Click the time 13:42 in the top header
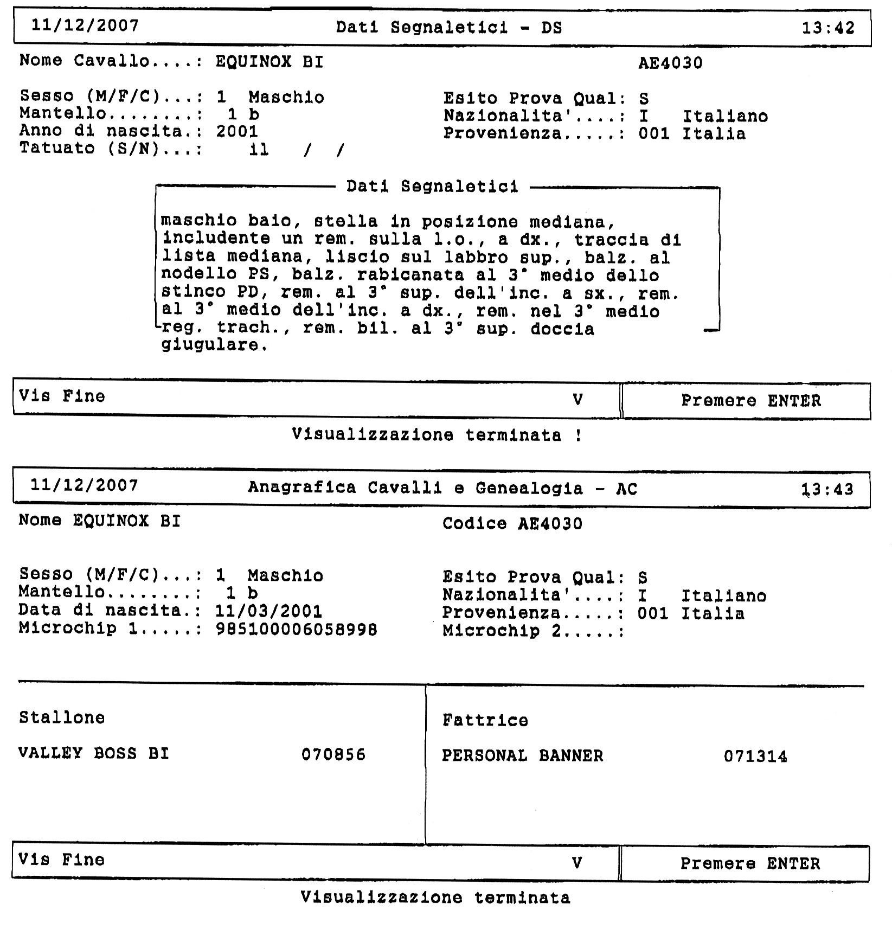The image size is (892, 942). (827, 28)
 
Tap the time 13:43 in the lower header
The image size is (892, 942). (827, 490)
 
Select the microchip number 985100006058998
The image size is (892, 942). (296, 630)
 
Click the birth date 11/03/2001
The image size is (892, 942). (268, 612)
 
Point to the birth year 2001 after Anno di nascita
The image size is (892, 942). (237, 131)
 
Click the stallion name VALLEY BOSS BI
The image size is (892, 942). (94, 753)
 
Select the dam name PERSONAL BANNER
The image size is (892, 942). (522, 756)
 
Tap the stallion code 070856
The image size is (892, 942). (333, 754)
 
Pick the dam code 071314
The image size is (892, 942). (755, 757)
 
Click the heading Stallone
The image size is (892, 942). (62, 717)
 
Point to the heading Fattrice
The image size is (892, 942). (485, 720)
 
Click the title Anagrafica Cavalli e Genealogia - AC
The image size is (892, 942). (442, 489)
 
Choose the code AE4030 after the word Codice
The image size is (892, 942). (550, 524)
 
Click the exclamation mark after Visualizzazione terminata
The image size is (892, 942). (579, 435)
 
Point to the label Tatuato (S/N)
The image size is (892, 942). (89, 149)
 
